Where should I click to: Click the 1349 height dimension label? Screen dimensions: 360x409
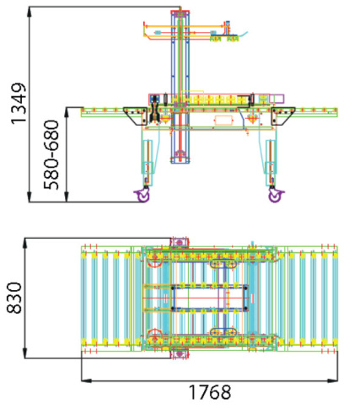(19, 104)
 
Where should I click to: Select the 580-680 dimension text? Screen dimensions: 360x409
(51, 155)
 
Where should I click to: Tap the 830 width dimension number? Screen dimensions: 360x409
(14, 299)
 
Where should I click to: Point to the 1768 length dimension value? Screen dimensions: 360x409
(210, 392)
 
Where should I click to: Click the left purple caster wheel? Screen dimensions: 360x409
(142, 195)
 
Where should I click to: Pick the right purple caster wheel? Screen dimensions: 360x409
(276, 195)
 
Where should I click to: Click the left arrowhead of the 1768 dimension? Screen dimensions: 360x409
(86, 380)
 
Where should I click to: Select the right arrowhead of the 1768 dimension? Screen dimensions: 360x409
(333, 380)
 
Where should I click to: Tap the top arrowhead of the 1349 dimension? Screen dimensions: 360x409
(30, 12)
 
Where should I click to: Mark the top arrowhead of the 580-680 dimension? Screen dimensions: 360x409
(67, 112)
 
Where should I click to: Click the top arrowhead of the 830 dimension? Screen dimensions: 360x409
(25, 243)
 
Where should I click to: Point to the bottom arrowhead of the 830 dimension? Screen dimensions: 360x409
(25, 353)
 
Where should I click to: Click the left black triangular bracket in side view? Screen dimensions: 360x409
(136, 116)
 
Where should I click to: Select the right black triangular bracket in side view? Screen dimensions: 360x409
(282, 116)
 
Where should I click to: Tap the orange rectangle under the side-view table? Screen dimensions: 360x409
(224, 120)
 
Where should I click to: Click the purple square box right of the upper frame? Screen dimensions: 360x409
(277, 99)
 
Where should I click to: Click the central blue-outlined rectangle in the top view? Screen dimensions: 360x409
(209, 298)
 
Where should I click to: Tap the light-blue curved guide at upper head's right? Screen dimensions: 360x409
(243, 34)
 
